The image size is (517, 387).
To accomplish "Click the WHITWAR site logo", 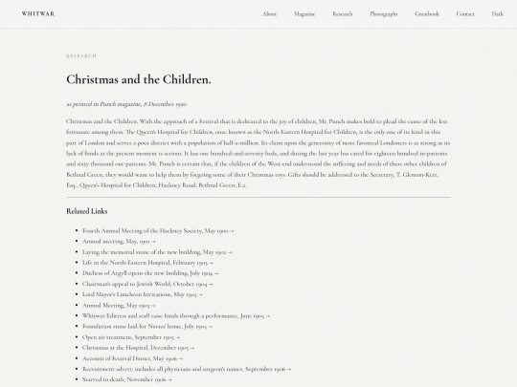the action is coord(38,14).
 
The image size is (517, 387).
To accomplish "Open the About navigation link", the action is coord(269,14).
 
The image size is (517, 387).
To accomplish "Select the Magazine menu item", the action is coord(304,14).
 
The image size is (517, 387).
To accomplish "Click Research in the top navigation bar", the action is coord(343,14).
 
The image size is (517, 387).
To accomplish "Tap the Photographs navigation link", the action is coord(383,14).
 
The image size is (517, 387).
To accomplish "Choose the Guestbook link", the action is coord(427,14).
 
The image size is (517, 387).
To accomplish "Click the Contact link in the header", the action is coord(465,14).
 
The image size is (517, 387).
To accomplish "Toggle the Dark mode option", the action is coord(497,14).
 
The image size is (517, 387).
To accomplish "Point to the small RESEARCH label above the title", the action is coord(81,56).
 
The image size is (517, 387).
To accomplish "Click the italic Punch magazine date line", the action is coord(125,103).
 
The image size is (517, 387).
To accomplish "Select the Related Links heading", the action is coord(86,210).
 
